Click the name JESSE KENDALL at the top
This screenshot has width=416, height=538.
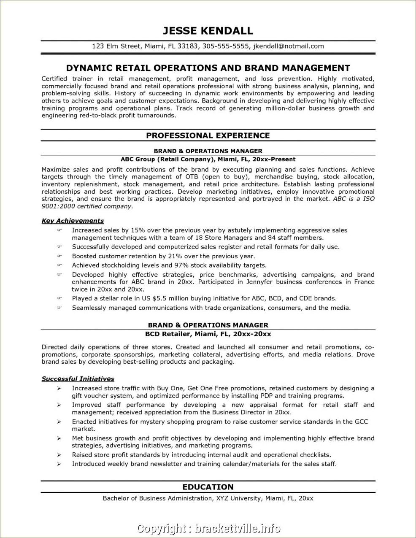208,31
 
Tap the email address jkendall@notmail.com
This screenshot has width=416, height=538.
288,46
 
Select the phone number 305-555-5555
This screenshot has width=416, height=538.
225,46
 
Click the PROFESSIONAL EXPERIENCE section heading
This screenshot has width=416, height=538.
208,135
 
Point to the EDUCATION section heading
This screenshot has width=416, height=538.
208,487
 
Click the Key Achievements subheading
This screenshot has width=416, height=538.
73,221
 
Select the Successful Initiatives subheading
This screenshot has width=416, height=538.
78,379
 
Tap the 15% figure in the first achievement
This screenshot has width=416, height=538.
138,230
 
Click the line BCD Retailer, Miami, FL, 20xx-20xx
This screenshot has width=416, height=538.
208,334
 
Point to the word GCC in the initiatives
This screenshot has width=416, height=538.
361,422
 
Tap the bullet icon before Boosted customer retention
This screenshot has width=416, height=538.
59,256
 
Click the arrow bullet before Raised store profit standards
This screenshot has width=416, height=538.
59,455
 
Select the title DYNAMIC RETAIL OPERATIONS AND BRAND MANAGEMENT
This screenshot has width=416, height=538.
208,68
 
